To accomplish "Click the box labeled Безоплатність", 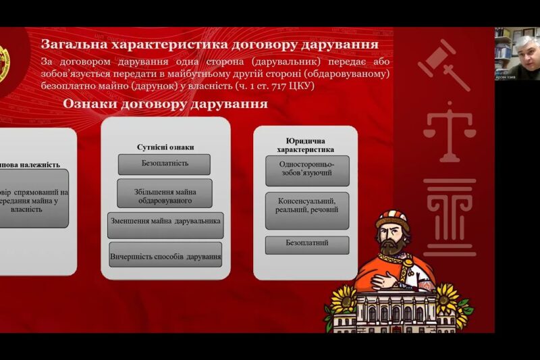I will point(164,163).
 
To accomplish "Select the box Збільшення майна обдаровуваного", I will point(164,193).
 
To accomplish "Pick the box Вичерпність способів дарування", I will point(165,256).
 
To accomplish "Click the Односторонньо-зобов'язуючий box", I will point(306,172).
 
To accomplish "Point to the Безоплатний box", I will point(306,243).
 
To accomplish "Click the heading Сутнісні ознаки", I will point(165,147).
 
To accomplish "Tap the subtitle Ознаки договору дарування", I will point(165,105).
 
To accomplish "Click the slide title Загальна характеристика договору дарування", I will point(209,45).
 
